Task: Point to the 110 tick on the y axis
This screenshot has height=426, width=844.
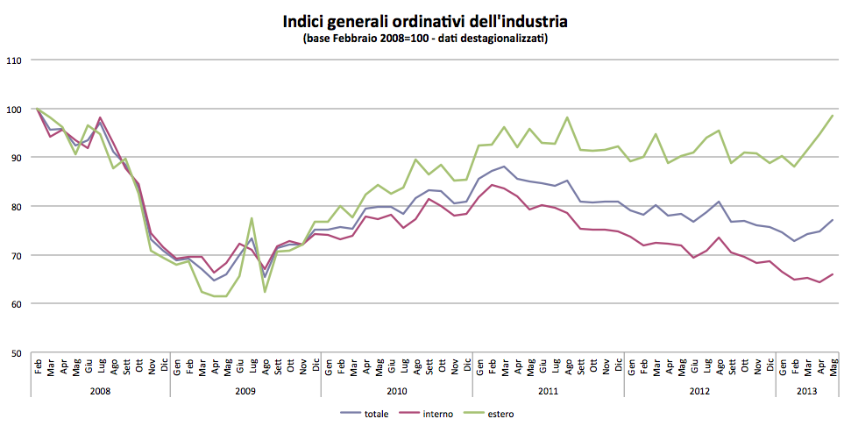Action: pyautogui.click(x=13, y=60)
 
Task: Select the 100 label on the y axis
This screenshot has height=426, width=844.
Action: pyautogui.click(x=13, y=110)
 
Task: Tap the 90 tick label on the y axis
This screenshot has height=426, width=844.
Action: pyautogui.click(x=15, y=158)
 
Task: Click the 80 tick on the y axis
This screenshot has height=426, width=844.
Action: pyautogui.click(x=15, y=207)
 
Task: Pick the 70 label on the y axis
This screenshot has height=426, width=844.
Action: pyautogui.click(x=15, y=255)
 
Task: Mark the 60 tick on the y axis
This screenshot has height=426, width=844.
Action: pyautogui.click(x=15, y=304)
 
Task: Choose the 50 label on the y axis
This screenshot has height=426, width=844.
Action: pyautogui.click(x=15, y=353)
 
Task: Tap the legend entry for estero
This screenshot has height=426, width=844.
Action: pyautogui.click(x=500, y=413)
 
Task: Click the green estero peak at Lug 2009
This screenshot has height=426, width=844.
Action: pyautogui.click(x=252, y=218)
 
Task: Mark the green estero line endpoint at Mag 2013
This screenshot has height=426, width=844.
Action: pyautogui.click(x=832, y=116)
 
